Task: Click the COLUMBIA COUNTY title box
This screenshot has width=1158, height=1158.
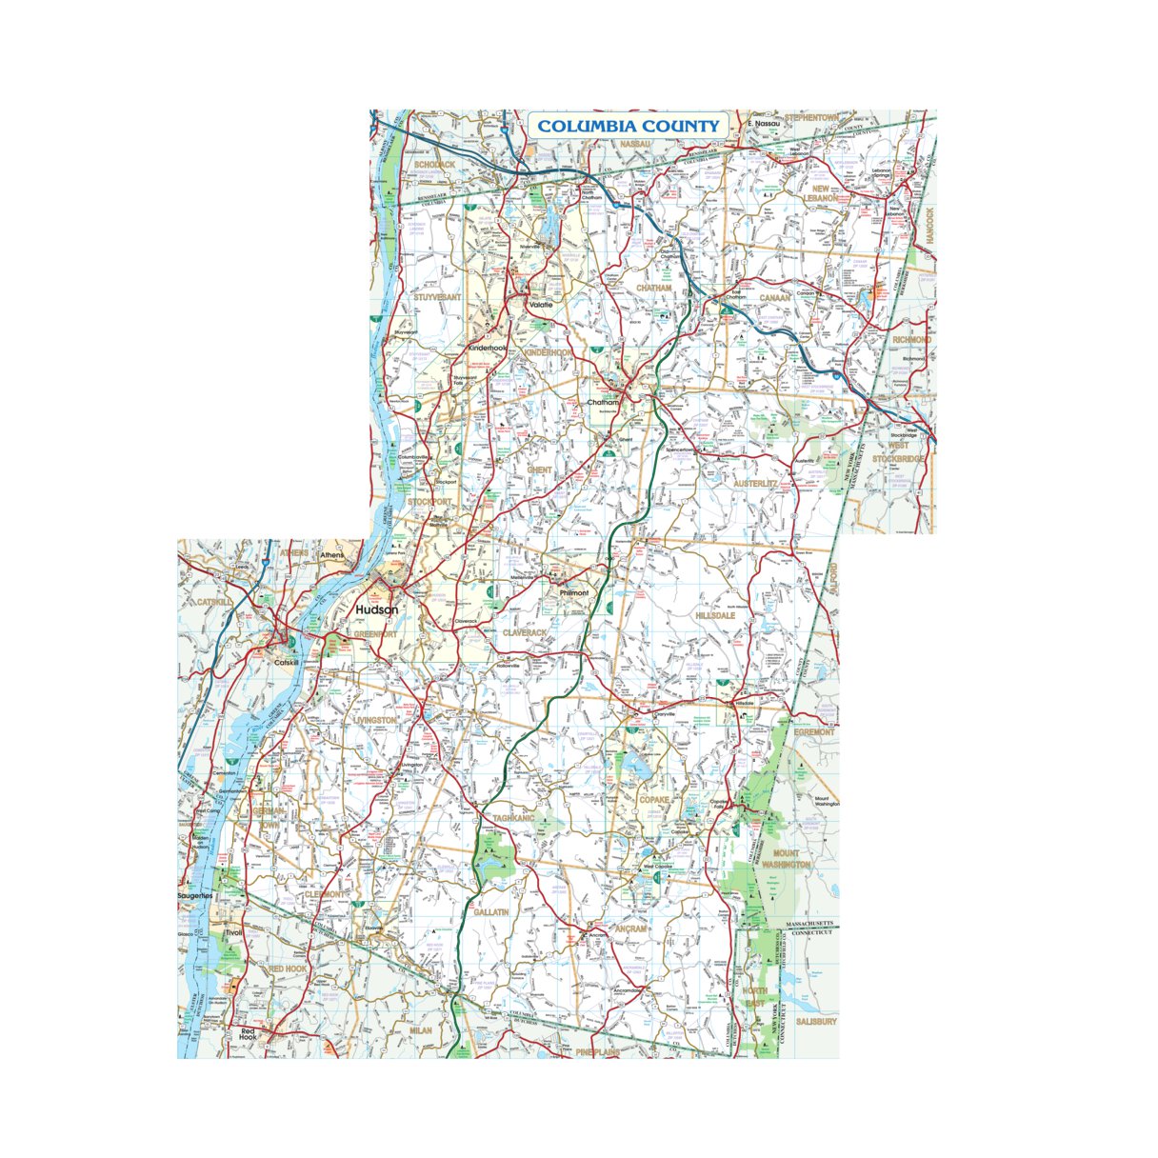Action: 629,126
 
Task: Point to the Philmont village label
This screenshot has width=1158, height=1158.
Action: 574,592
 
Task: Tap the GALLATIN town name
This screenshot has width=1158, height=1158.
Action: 490,912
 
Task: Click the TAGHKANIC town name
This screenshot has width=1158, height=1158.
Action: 514,818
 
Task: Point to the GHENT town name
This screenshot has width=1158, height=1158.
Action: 539,470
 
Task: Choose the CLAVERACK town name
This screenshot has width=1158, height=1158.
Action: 525,632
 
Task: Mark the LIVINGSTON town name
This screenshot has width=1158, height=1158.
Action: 375,721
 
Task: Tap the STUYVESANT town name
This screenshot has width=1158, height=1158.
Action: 437,297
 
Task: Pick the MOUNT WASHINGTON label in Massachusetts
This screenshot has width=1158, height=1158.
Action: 791,859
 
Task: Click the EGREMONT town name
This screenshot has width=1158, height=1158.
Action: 814,731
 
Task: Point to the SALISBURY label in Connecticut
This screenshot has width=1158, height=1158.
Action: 816,1021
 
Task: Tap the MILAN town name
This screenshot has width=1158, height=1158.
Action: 420,1030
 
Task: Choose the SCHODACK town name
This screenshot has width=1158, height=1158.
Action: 434,165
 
